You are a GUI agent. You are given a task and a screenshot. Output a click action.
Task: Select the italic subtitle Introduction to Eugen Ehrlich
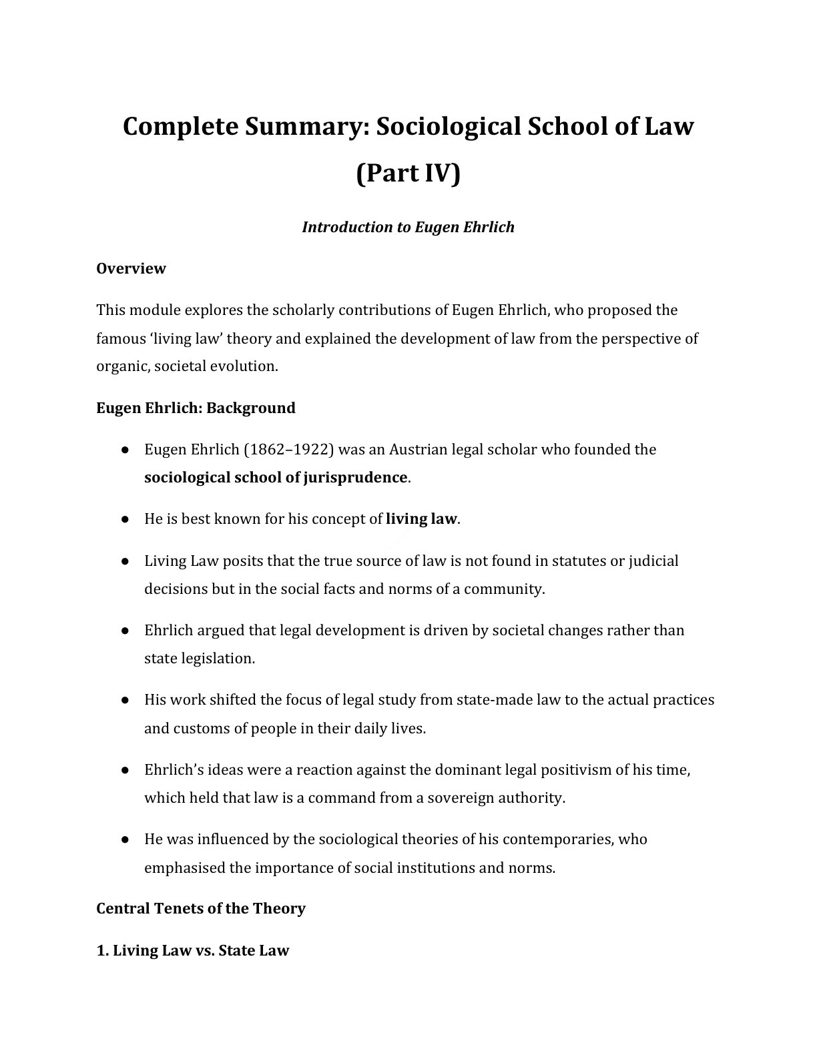[x=408, y=227]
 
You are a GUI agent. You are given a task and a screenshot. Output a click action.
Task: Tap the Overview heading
[x=131, y=268]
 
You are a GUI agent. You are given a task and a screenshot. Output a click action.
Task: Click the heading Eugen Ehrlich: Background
[x=196, y=408]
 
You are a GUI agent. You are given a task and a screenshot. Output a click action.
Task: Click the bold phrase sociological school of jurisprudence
[x=276, y=478]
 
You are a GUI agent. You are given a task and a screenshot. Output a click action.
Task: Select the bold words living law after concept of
[x=422, y=519]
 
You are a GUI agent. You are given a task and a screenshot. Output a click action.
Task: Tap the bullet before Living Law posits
[x=125, y=561]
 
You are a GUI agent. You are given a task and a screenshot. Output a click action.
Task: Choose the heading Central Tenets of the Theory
[x=201, y=909]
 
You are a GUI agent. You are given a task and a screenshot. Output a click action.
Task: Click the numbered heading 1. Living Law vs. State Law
[x=193, y=950]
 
